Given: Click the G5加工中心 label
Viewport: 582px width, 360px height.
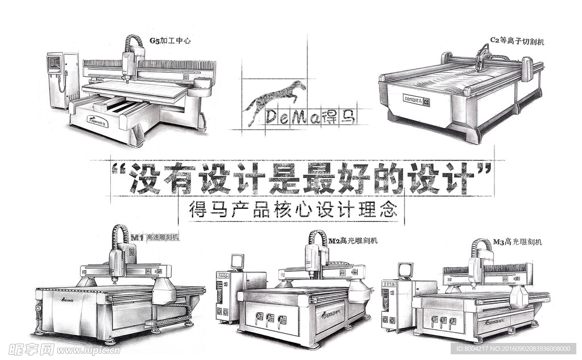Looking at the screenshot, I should point(169,40).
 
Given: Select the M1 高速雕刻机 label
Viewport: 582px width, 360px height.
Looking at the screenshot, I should point(155,237).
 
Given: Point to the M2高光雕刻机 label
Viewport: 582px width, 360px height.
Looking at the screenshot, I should point(353,241).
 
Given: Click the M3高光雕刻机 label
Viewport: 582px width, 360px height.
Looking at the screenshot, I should point(517,242).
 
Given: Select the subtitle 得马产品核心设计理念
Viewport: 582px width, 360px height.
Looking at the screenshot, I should point(292,210).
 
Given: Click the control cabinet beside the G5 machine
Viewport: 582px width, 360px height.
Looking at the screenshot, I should point(62,80).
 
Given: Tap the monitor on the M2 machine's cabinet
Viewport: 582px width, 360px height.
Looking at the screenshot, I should point(237,262).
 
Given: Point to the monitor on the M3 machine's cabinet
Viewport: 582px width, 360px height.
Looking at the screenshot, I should point(405,270).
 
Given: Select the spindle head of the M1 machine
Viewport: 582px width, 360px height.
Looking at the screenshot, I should point(116,263).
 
